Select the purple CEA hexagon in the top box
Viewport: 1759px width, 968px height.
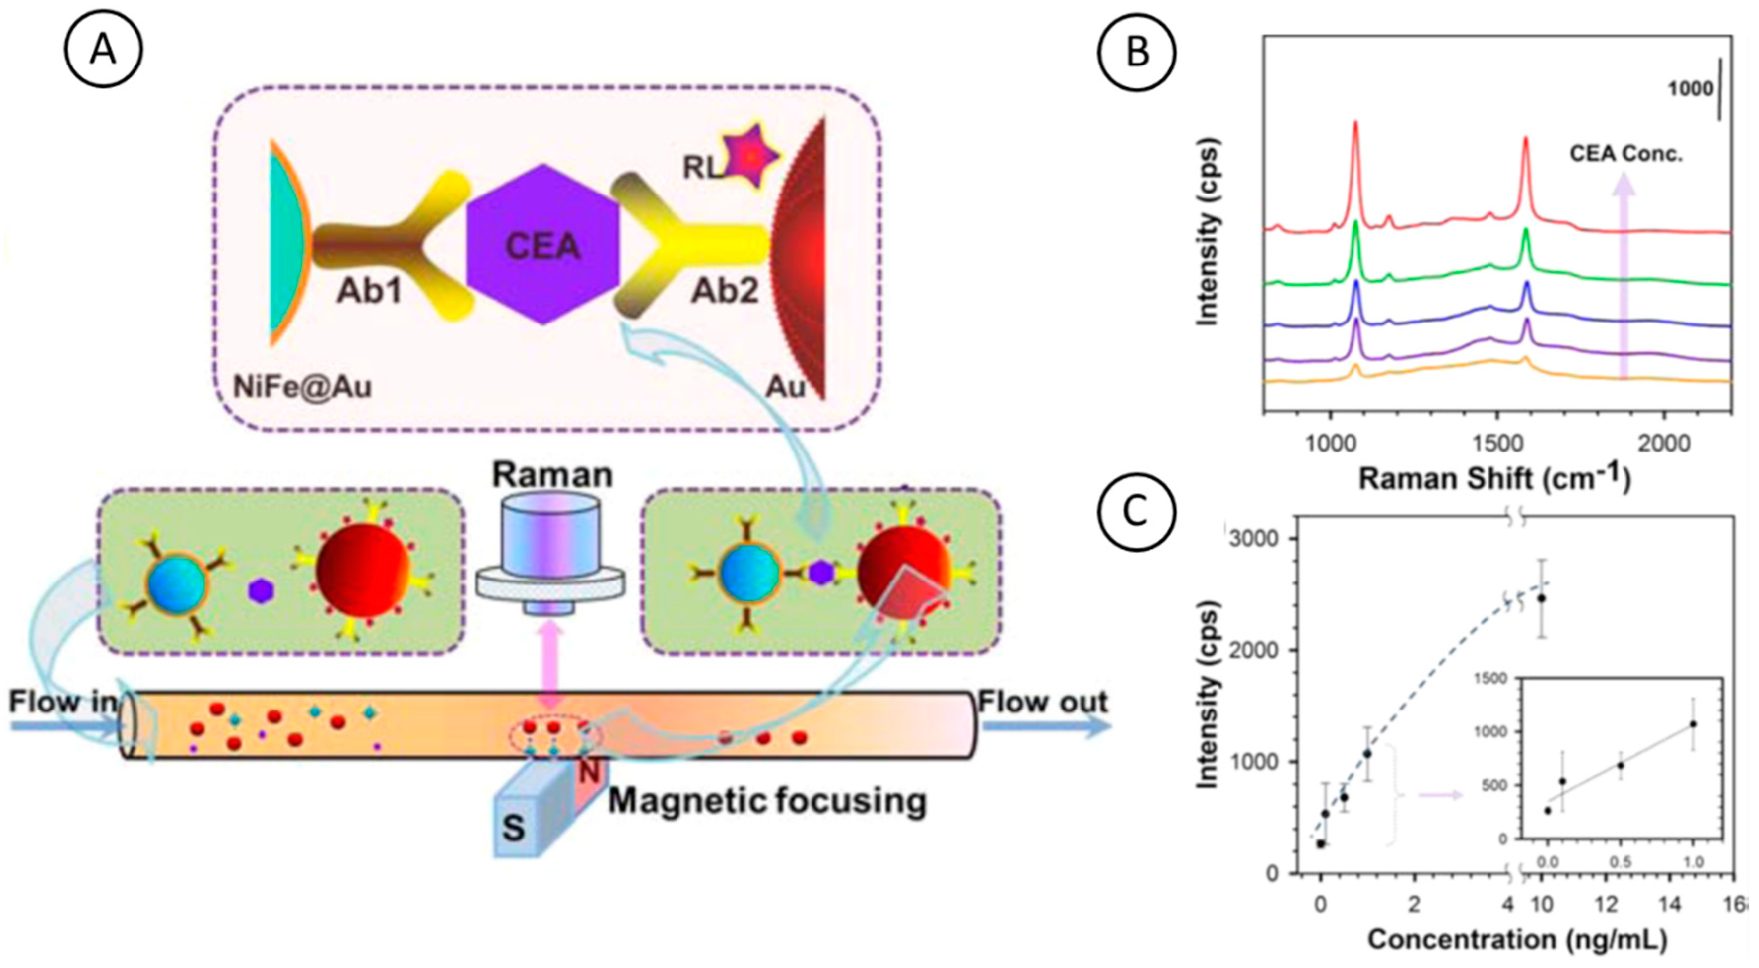(x=543, y=245)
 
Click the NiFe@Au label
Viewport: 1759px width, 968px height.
(x=302, y=387)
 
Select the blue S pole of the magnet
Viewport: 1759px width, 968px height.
(x=516, y=826)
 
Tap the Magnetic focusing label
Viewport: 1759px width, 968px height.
(x=767, y=800)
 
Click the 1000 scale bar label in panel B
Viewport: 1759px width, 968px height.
(x=1690, y=89)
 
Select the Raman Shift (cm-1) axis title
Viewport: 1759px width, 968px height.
(x=1494, y=479)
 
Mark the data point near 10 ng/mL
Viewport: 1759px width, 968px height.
(x=1541, y=598)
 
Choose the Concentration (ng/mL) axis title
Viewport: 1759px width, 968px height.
(x=1517, y=940)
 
